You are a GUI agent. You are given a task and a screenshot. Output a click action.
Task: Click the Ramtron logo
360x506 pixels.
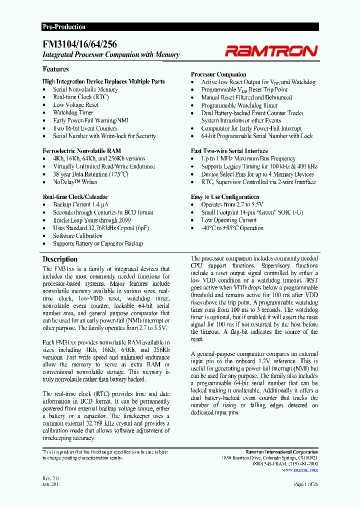(x=270, y=50)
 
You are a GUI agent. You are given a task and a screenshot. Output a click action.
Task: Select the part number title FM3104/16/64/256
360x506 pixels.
(x=80, y=44)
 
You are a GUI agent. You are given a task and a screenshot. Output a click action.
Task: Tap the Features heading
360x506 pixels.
(x=55, y=69)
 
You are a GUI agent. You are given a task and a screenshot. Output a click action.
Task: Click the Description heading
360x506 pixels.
(x=60, y=259)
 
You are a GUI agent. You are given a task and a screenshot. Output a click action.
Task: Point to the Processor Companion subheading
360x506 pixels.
(x=218, y=74)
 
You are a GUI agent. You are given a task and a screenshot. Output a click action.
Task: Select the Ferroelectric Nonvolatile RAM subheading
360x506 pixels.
(x=81, y=150)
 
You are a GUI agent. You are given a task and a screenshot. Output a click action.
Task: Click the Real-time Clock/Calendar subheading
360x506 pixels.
(x=75, y=197)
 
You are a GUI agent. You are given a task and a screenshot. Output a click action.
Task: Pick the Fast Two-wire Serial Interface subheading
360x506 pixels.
(x=229, y=150)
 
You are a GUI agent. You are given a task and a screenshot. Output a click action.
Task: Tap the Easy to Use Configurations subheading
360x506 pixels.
(x=225, y=197)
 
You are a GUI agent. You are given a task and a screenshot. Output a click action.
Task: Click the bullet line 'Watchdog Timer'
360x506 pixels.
(x=73, y=112)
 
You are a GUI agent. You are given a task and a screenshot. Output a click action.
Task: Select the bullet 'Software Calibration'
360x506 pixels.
(x=77, y=236)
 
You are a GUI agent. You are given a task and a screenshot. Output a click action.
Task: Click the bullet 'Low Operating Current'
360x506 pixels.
(x=229, y=220)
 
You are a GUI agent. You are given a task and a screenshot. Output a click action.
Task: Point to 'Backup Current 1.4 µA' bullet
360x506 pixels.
(x=81, y=204)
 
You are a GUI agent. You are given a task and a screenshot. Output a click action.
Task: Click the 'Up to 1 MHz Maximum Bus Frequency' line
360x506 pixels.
(x=248, y=158)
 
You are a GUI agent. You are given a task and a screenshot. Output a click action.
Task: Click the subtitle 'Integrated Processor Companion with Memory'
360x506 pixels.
(x=110, y=55)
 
